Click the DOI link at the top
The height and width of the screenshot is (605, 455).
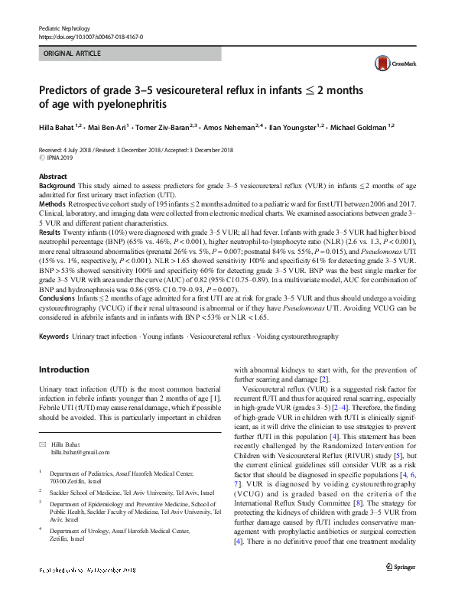pyautogui.click(x=89, y=36)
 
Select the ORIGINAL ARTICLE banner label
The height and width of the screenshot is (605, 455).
pyautogui.click(x=72, y=54)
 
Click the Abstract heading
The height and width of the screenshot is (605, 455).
pyautogui.click(x=53, y=177)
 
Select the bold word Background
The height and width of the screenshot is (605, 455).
pyautogui.click(x=57, y=186)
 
